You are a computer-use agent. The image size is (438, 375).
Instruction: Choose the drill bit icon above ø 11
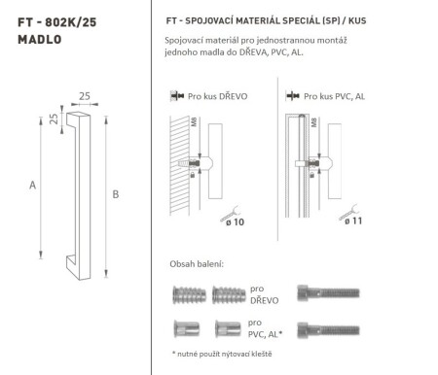point(351,206)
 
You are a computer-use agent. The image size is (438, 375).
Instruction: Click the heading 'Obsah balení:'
point(195,264)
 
